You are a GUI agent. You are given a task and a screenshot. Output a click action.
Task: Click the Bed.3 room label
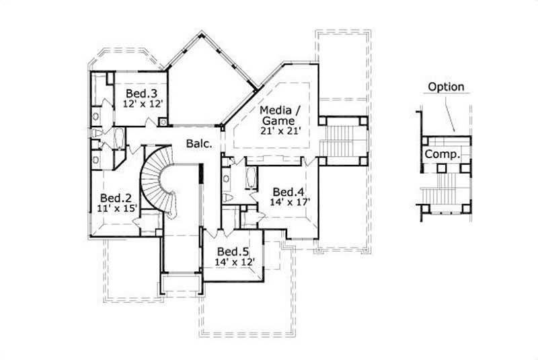pyautogui.click(x=141, y=93)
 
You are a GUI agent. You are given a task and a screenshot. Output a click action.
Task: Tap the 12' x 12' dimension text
pyautogui.click(x=143, y=104)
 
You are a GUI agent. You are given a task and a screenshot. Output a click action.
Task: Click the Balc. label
pyautogui.click(x=201, y=143)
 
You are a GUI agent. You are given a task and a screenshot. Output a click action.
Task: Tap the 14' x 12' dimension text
pyautogui.click(x=231, y=262)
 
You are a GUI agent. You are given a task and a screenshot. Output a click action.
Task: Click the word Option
pyautogui.click(x=445, y=86)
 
